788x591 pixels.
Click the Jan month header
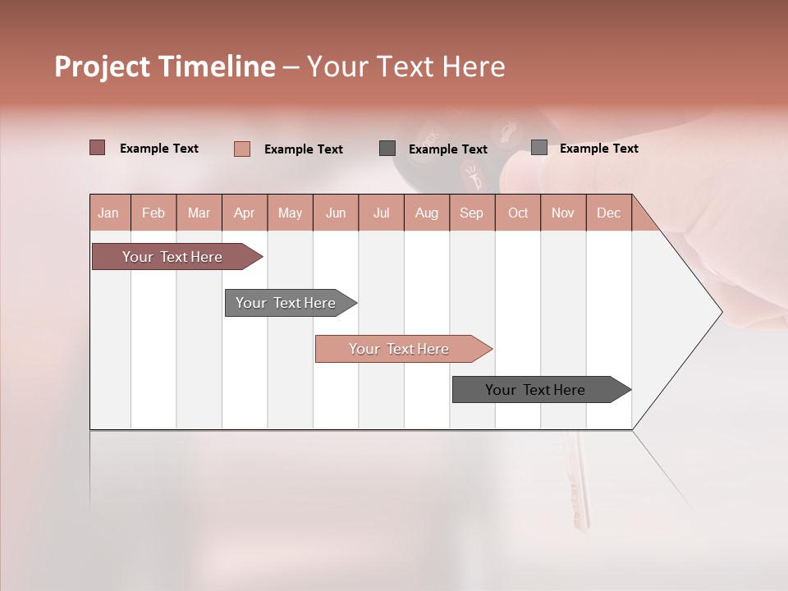pos(108,213)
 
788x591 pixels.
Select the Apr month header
pos(244,213)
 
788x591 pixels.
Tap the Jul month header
pos(381,213)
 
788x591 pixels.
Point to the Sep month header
pos(471,213)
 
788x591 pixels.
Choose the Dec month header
pos(608,213)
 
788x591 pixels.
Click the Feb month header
pos(153,213)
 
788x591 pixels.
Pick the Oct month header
pos(518,213)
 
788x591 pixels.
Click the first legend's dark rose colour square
pos(98,148)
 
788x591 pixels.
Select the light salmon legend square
pos(242,149)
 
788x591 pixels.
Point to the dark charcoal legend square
pos(387,149)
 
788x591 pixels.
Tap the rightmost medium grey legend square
pos(539,148)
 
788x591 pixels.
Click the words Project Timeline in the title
pos(165,66)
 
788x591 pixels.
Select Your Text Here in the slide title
pos(405,66)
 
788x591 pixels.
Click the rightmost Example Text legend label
pos(598,149)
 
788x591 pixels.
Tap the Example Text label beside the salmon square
pos(303,149)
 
